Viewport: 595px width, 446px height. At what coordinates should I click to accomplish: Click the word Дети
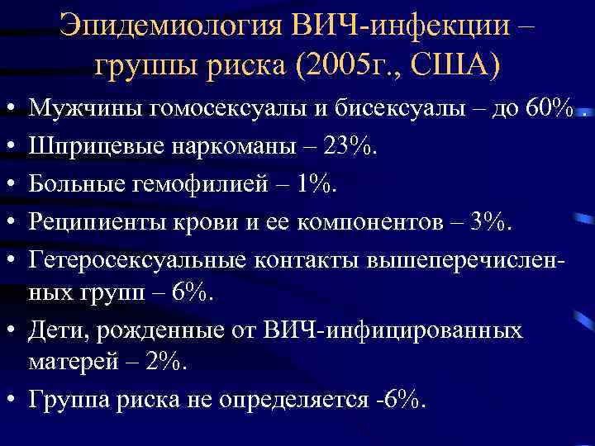[55, 332]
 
